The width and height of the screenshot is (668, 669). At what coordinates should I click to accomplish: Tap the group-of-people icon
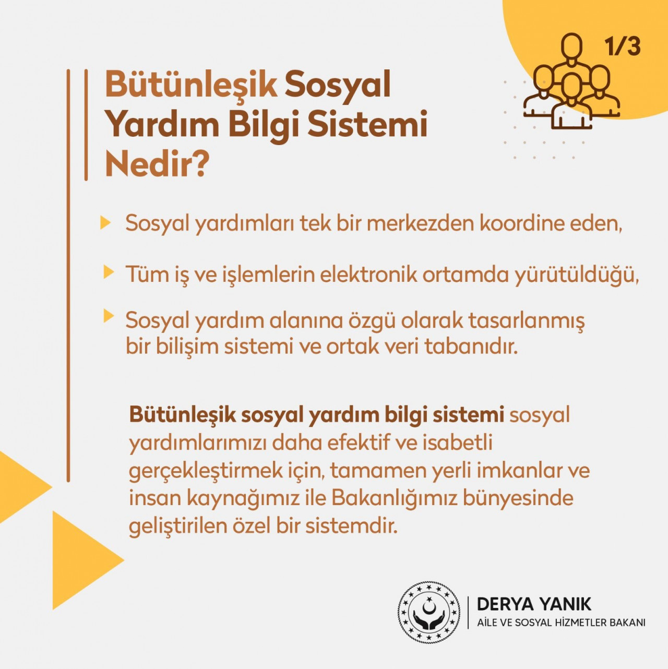click(x=571, y=81)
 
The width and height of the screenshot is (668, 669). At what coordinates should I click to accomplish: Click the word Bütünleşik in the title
click(x=190, y=85)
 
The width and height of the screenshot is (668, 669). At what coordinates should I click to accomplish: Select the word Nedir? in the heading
click(x=157, y=164)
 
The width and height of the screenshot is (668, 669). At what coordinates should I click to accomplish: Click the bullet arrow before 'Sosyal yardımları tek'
click(x=105, y=222)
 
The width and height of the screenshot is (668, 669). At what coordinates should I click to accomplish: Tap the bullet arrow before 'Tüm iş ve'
click(x=109, y=272)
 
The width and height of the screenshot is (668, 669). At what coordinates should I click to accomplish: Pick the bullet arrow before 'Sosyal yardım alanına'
click(x=109, y=316)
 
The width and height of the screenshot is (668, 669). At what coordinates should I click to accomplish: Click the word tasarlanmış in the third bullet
click(x=527, y=321)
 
